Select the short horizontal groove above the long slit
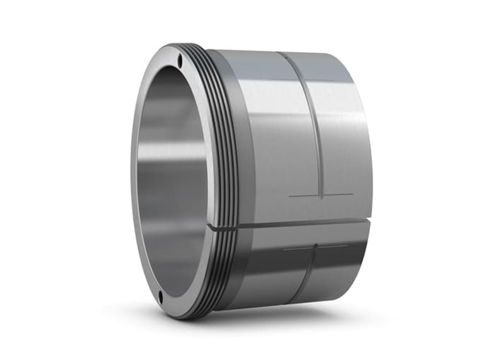[x=321, y=196]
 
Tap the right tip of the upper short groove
[x=353, y=194]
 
